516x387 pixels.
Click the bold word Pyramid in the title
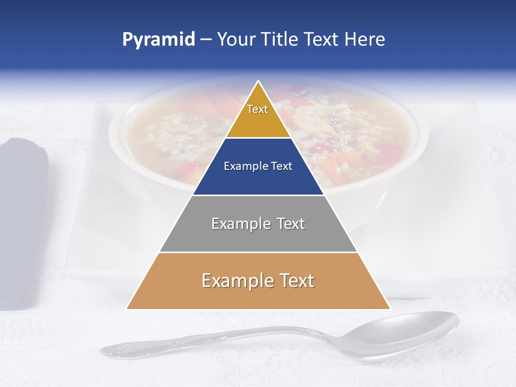159,40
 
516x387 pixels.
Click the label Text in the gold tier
257,109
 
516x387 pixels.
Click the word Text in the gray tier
287,224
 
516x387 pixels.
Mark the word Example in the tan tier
235,281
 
